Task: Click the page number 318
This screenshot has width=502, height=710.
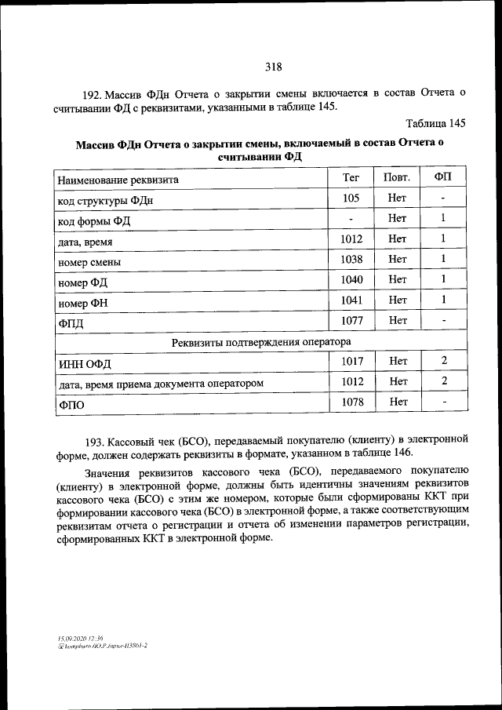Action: pyautogui.click(x=273, y=67)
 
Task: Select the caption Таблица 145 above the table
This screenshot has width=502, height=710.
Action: pyautogui.click(x=436, y=123)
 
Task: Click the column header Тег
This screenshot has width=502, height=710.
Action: pyautogui.click(x=351, y=178)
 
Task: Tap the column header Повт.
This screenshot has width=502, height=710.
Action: pyautogui.click(x=397, y=178)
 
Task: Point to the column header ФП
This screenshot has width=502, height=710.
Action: pyautogui.click(x=443, y=178)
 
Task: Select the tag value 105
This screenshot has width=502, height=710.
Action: pyautogui.click(x=351, y=198)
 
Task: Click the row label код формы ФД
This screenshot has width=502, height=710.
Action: pyautogui.click(x=94, y=220)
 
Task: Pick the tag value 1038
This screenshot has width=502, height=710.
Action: pyautogui.click(x=351, y=259)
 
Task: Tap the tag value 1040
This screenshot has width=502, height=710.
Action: pyautogui.click(x=351, y=279)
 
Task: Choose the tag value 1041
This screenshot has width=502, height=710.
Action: pyautogui.click(x=351, y=300)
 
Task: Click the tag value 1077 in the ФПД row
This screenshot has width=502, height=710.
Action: pyautogui.click(x=351, y=320)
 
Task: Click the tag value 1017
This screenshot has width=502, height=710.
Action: pyautogui.click(x=351, y=361)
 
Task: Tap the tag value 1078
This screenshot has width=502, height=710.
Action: pyautogui.click(x=351, y=402)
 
